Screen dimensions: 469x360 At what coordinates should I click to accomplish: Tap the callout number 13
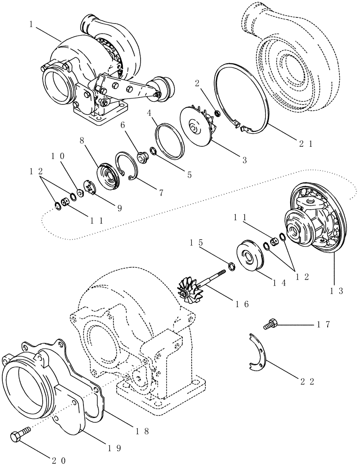click(337, 291)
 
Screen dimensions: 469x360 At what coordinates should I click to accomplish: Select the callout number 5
click(189, 174)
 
